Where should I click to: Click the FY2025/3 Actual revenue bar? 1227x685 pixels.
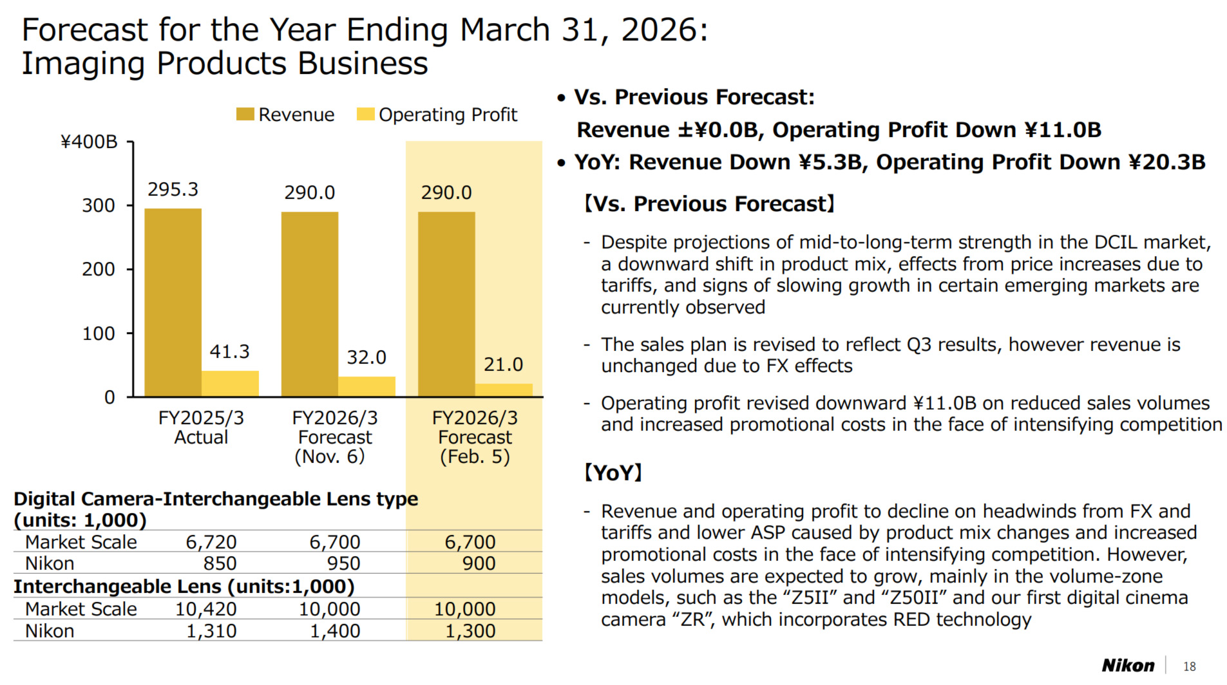[x=173, y=303]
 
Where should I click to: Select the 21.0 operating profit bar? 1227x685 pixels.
[x=504, y=390]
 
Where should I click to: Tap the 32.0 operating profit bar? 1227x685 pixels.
[x=366, y=386]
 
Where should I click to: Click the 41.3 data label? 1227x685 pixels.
[x=229, y=352]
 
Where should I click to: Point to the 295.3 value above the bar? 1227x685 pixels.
[x=173, y=189]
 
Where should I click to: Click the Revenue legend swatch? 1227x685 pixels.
[x=245, y=115]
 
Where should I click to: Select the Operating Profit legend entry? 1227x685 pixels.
[x=438, y=115]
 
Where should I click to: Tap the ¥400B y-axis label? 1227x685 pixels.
[x=89, y=142]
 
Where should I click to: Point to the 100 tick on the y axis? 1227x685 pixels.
[x=98, y=333]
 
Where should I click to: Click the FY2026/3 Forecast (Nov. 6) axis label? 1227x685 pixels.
[x=334, y=437]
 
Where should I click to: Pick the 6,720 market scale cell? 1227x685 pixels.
[x=211, y=542]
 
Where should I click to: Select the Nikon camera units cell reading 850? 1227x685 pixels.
[x=220, y=563]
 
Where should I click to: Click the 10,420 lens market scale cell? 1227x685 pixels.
[x=205, y=609]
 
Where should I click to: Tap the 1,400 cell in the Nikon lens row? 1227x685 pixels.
[x=334, y=631]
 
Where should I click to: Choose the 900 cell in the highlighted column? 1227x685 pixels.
[x=479, y=563]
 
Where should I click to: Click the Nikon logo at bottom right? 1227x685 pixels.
[x=1128, y=666]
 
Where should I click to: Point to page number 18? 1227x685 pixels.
[x=1189, y=667]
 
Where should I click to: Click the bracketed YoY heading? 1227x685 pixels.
[x=613, y=473]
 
